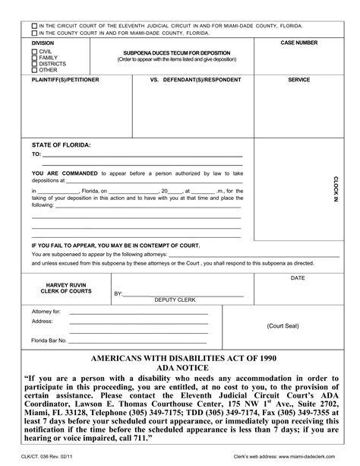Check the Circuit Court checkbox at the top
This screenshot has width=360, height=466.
[33, 26]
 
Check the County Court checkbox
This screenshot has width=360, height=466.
[33, 33]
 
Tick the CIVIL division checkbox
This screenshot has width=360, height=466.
[34, 50]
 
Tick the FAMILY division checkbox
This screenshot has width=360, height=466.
[34, 57]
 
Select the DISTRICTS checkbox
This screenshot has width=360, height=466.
[34, 63]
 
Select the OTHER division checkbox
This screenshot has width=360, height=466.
[34, 70]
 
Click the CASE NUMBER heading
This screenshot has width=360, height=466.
[298, 43]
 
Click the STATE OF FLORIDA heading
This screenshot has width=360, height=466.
[61, 144]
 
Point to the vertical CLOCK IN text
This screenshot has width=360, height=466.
[335, 188]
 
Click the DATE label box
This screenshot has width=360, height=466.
[297, 278]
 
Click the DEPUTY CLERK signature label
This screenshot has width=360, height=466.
[175, 300]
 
